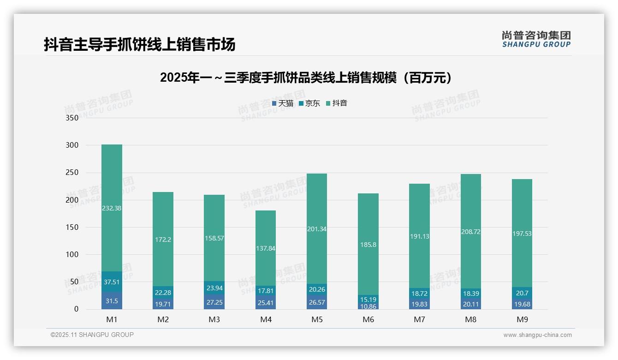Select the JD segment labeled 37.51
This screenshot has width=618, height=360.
112,282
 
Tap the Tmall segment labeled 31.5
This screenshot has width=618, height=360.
112,301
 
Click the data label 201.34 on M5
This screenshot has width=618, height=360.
316,229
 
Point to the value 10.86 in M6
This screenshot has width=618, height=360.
368,306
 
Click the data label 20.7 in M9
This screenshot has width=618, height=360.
522,293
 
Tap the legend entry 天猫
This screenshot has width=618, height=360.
283,103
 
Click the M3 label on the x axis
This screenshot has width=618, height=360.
214,319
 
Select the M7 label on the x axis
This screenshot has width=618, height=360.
419,319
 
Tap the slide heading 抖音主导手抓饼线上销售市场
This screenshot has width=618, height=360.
139,44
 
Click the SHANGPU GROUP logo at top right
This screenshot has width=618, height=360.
536,39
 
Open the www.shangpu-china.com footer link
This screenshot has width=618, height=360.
537,335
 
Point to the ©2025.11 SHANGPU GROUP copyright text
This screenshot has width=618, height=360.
92,335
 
